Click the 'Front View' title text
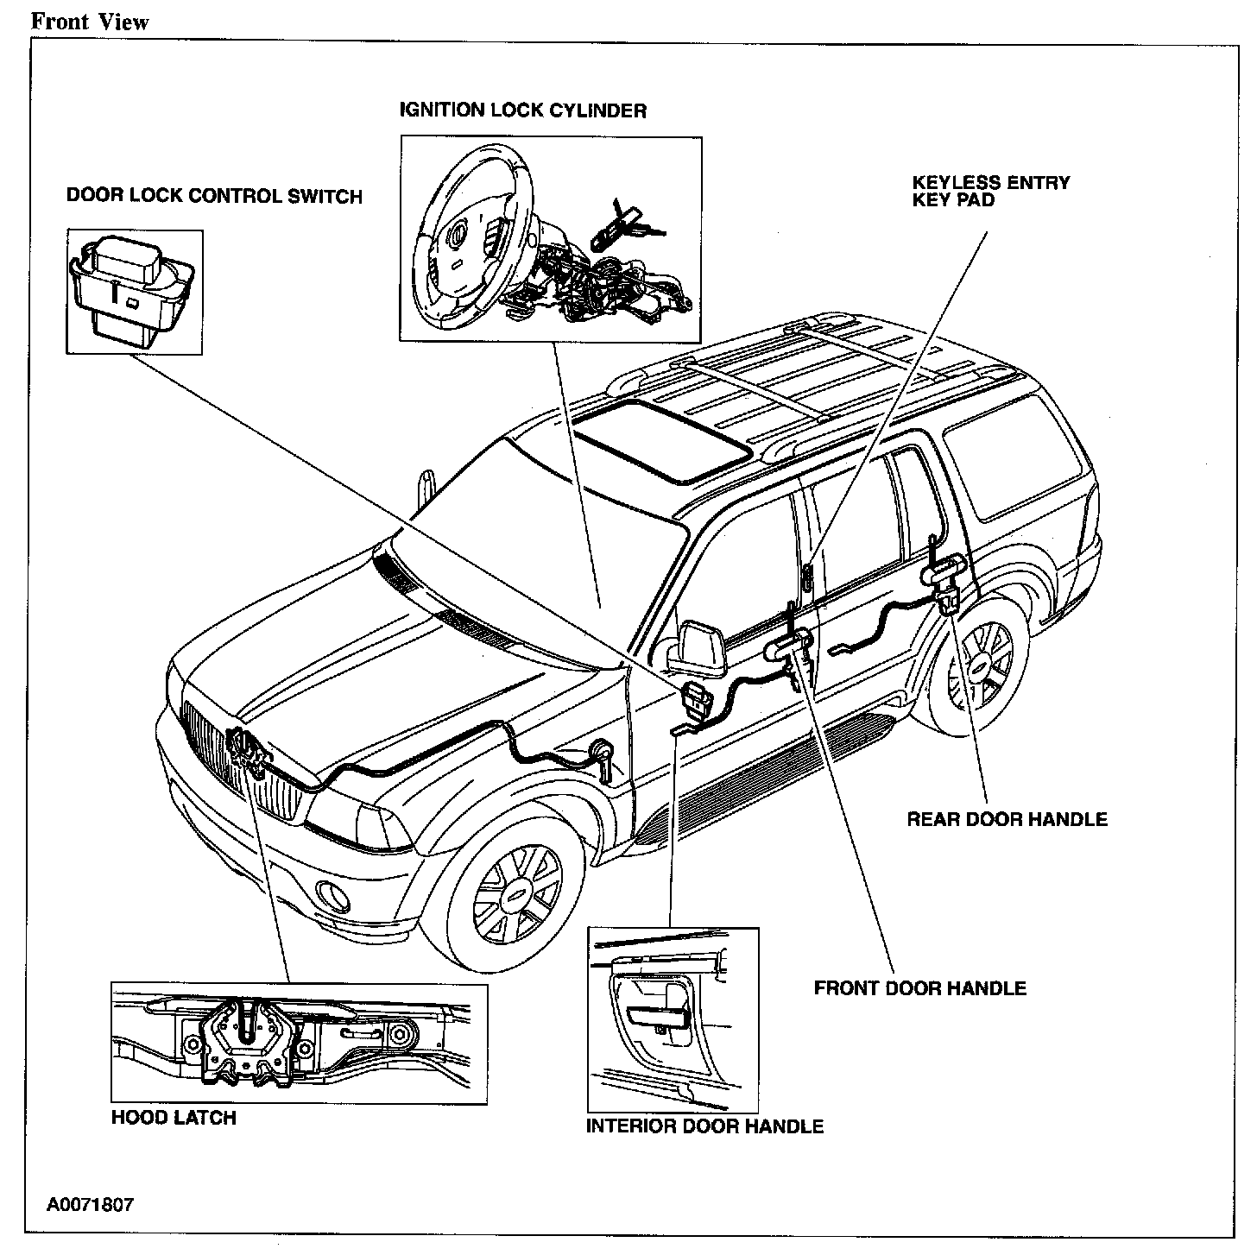[90, 22]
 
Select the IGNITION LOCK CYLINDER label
[522, 110]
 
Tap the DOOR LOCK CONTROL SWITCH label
[214, 196]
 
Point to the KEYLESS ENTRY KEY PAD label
[991, 191]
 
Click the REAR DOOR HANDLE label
[1007, 818]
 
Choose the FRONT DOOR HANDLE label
[920, 987]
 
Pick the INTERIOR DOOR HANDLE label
[704, 1126]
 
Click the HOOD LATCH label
[174, 1118]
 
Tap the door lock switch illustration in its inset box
[135, 289]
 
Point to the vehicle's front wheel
[516, 898]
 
